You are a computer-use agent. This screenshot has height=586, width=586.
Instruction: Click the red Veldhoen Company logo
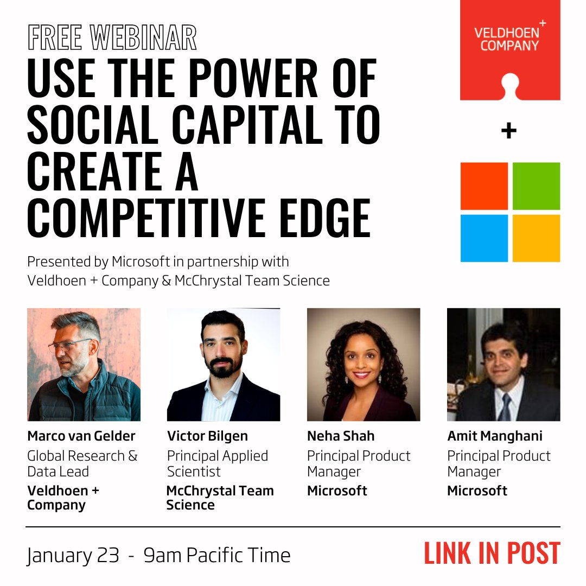(510, 50)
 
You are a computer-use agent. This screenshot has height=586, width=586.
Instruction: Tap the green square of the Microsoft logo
(536, 186)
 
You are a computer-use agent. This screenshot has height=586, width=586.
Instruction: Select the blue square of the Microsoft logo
(484, 238)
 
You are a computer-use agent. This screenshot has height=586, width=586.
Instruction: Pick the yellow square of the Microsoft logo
(536, 238)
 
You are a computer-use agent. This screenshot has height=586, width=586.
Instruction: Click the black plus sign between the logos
(508, 131)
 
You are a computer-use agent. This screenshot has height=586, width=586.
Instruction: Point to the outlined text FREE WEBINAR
(112, 39)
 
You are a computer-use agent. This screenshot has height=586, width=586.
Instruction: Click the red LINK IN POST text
(492, 553)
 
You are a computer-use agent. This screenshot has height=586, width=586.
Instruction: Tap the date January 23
(73, 555)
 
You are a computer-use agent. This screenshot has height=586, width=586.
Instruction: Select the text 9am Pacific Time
(217, 555)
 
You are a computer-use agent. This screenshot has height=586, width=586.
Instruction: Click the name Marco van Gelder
(81, 436)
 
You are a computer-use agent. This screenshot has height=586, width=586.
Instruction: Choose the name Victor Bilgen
(207, 436)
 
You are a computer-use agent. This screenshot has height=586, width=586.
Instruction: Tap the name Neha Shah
(341, 436)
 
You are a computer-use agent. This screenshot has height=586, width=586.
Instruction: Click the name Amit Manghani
(495, 436)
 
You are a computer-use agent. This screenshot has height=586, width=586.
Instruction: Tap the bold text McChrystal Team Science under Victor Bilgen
(220, 498)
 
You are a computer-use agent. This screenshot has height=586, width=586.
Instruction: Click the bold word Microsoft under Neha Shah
(337, 491)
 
